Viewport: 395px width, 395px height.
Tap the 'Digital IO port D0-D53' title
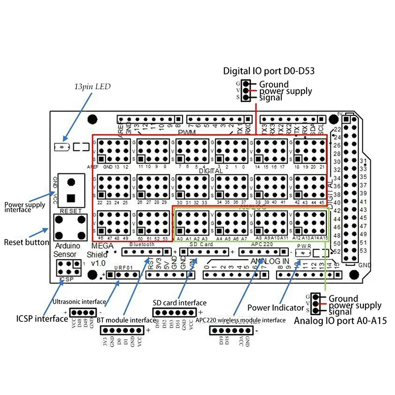click(269, 71)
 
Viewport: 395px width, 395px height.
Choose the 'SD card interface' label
click(179, 303)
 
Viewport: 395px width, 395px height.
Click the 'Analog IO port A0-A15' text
click(340, 321)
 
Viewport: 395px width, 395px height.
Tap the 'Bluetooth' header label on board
click(138, 244)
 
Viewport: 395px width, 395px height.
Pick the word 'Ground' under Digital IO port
click(274, 84)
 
